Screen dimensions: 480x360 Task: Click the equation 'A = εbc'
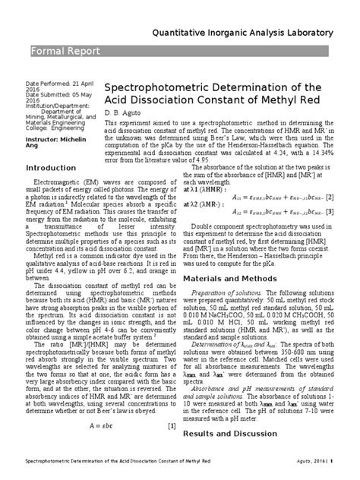(88, 425)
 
